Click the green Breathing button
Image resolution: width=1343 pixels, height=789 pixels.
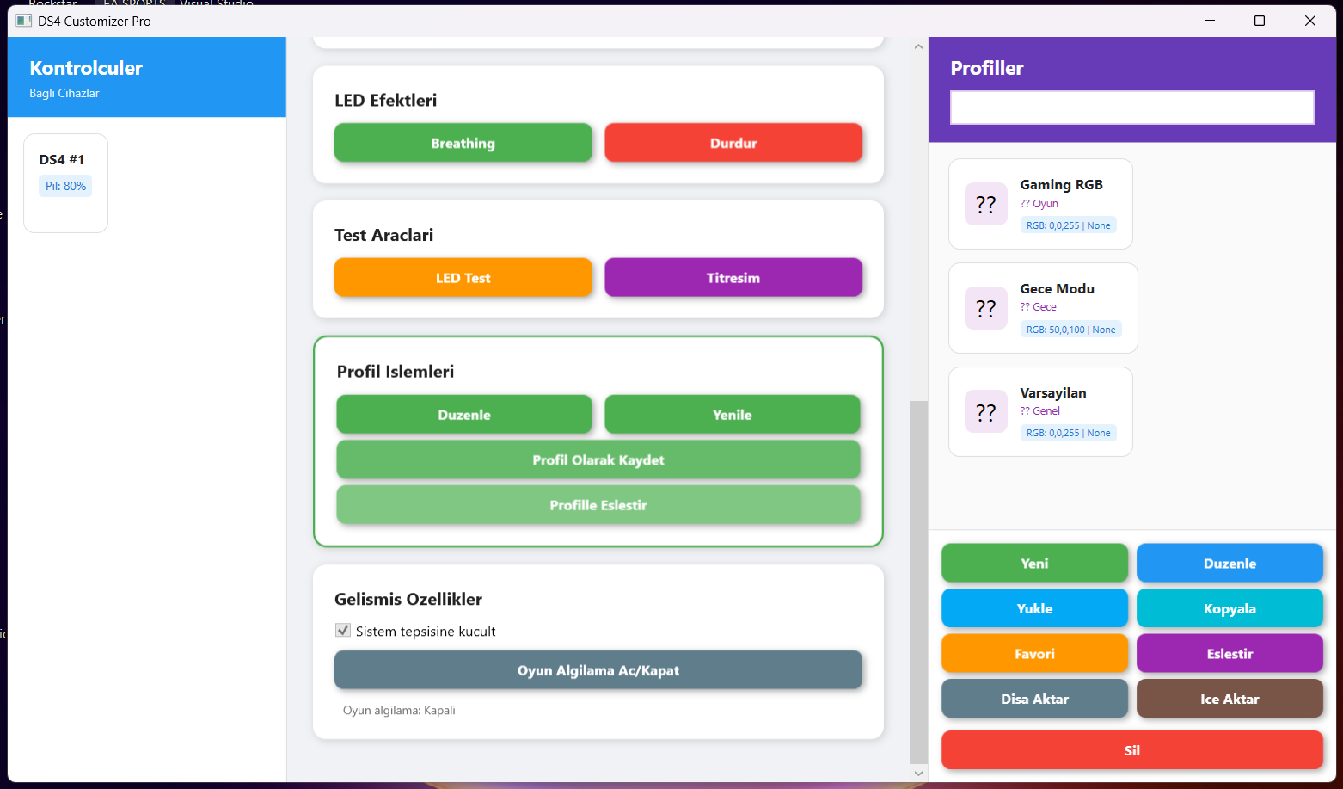point(463,143)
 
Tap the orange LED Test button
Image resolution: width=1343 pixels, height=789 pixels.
point(463,278)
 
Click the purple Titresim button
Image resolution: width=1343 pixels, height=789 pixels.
point(733,278)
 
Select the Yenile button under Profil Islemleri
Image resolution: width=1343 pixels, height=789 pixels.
point(732,415)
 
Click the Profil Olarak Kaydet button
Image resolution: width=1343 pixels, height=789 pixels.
point(598,460)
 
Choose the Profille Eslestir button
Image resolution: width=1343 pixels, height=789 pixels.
point(598,505)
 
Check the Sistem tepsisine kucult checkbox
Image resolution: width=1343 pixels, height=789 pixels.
point(343,631)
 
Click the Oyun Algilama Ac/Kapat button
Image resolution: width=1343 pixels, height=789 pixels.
point(598,670)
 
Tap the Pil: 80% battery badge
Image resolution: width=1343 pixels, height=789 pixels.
point(65,186)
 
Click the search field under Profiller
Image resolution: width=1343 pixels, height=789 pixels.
point(1132,108)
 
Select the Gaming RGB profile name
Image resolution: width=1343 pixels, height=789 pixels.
point(1061,185)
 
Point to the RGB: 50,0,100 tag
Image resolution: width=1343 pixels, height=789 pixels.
point(1070,330)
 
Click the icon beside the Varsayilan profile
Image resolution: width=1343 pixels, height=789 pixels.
point(985,411)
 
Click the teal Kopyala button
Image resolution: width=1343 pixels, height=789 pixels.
point(1230,608)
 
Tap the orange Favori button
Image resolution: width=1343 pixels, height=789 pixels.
point(1034,654)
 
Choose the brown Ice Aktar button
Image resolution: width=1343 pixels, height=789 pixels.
point(1230,699)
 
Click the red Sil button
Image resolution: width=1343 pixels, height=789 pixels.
point(1132,750)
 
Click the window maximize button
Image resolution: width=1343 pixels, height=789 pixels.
point(1260,21)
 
